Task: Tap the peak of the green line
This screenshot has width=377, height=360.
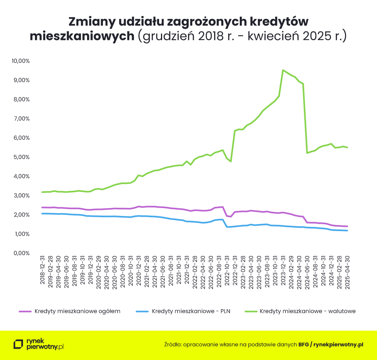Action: point(283,70)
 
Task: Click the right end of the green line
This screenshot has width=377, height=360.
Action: point(347,147)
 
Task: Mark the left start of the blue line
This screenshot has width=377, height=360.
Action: point(42,214)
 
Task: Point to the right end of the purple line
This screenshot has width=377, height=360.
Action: point(347,226)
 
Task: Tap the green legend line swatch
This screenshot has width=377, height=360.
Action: point(251,311)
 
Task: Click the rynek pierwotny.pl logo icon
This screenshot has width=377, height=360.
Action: point(18,344)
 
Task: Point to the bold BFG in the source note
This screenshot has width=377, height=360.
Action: point(303,344)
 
